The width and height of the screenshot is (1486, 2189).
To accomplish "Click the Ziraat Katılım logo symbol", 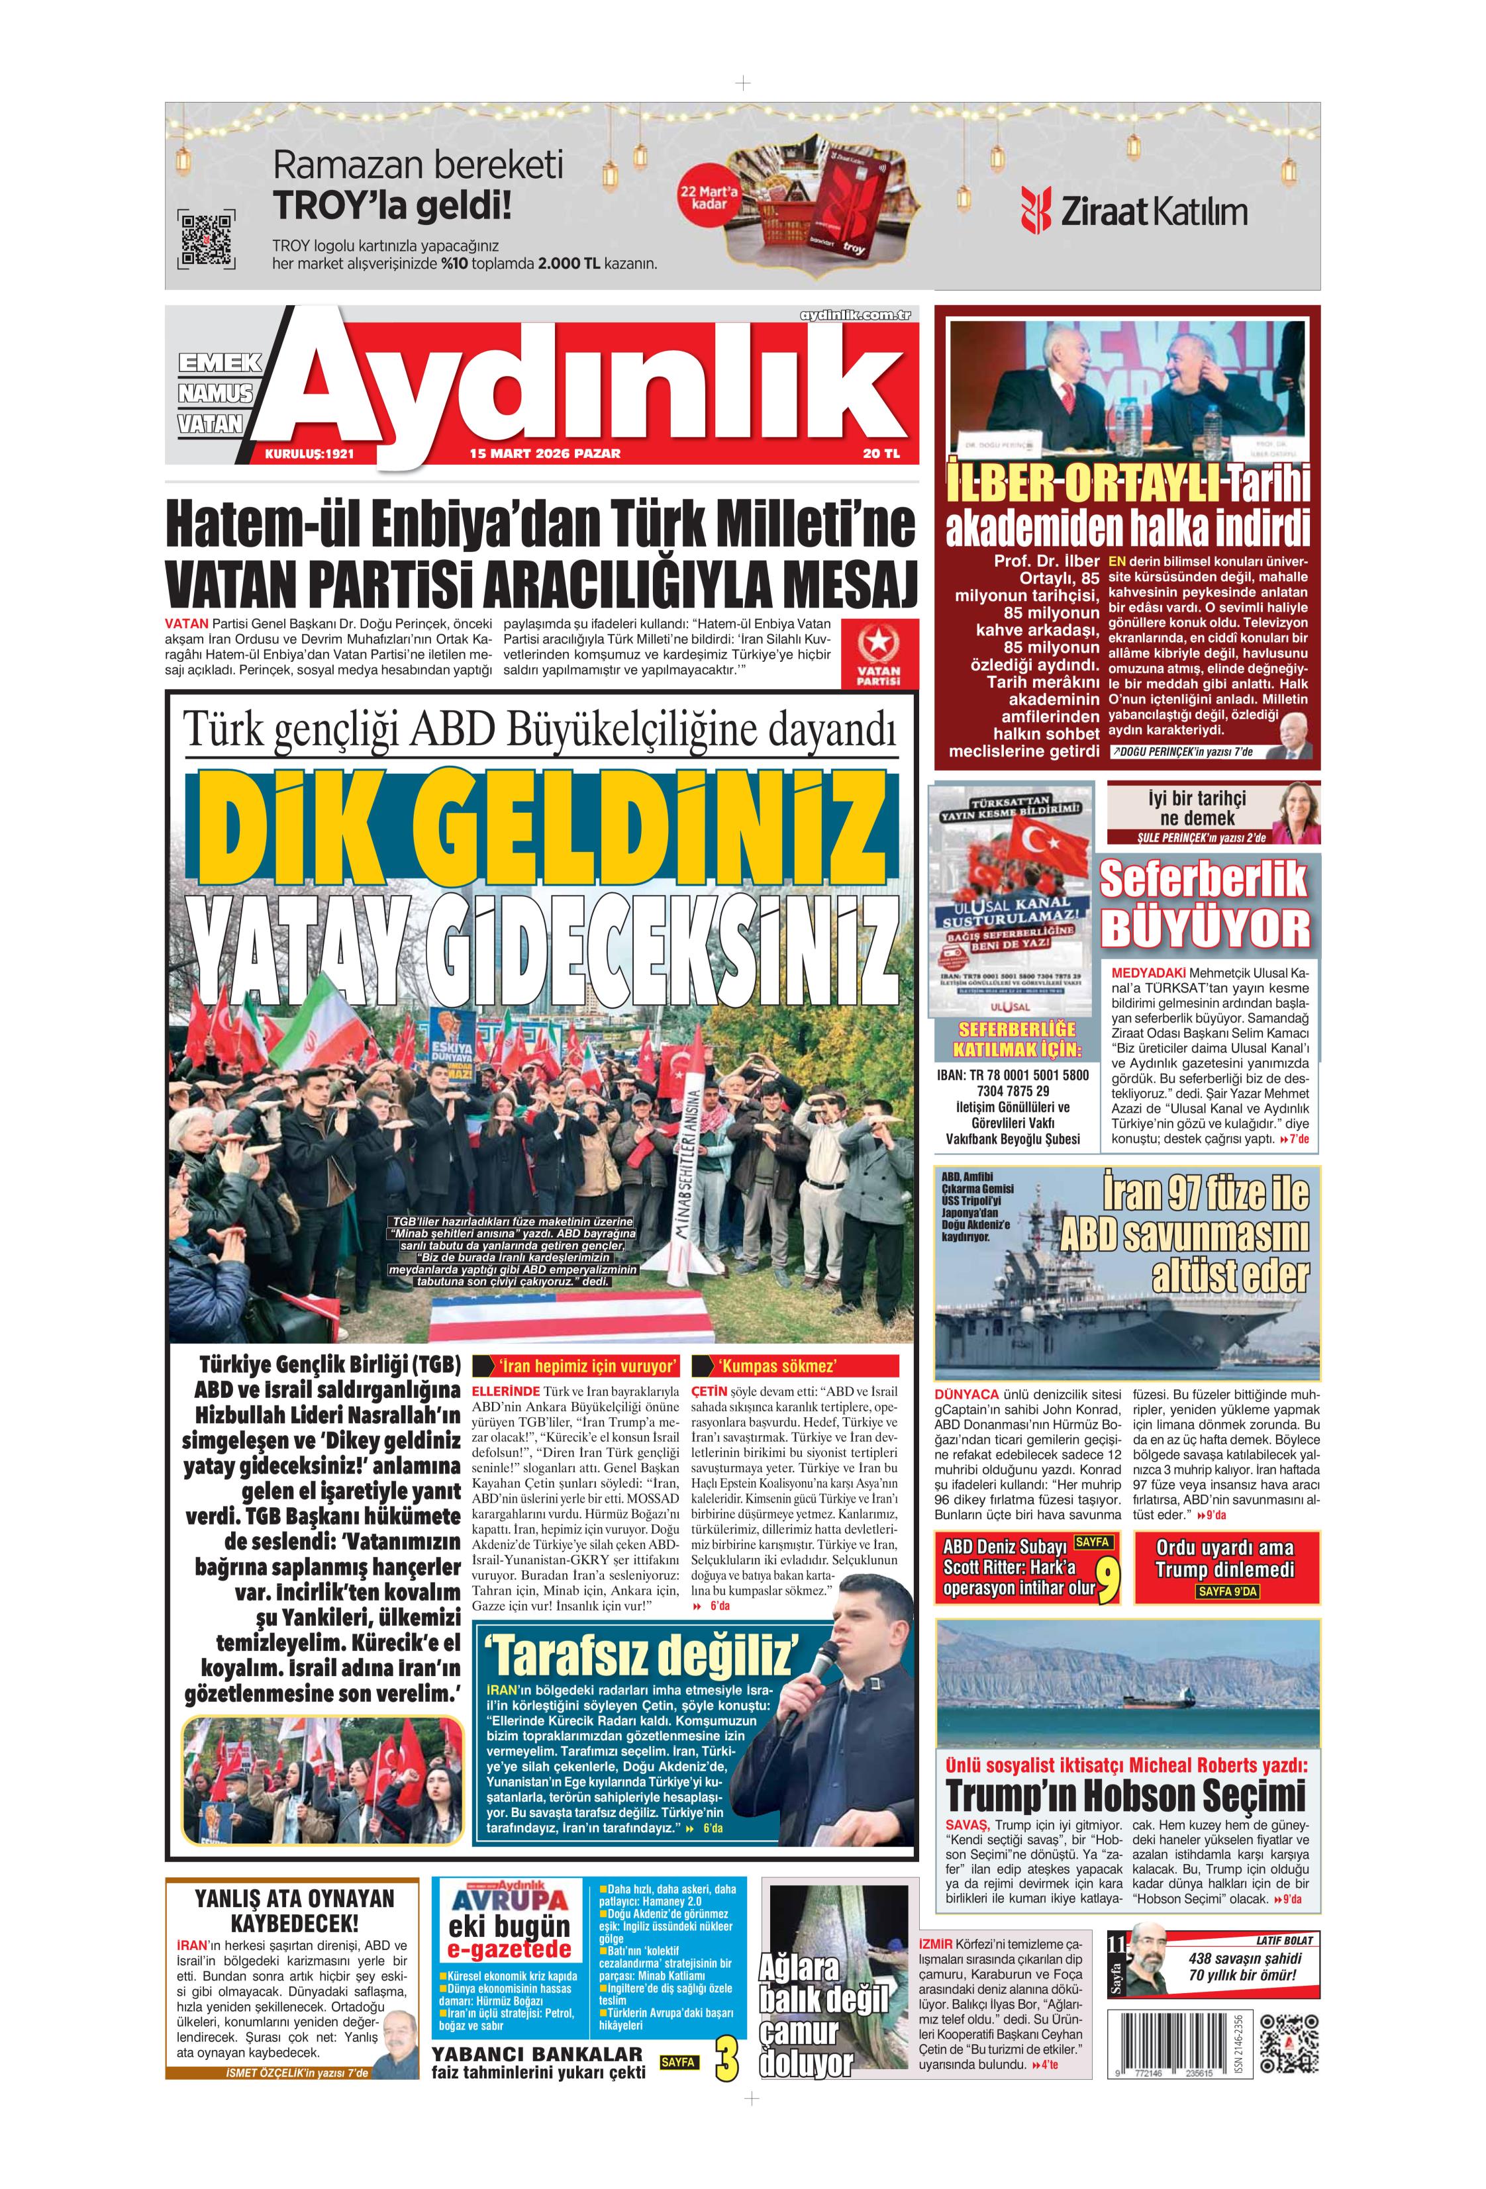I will tap(1036, 209).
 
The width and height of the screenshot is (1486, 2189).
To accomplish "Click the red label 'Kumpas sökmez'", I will tap(778, 1367).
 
